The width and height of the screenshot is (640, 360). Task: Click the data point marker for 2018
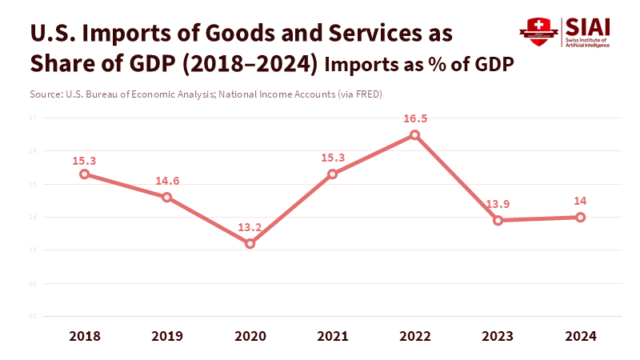click(x=84, y=174)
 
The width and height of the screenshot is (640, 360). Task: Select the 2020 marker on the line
click(x=250, y=243)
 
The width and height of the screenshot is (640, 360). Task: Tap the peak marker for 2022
click(x=414, y=134)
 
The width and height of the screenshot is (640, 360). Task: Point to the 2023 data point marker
click(x=498, y=220)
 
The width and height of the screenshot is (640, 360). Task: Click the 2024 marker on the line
click(x=580, y=217)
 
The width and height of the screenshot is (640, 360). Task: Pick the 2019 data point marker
click(x=166, y=197)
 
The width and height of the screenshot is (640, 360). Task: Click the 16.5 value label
click(x=414, y=118)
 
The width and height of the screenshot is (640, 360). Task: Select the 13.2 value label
click(x=250, y=227)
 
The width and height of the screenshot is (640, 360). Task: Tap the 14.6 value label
click(x=166, y=181)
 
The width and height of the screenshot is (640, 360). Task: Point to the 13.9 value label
click(x=498, y=204)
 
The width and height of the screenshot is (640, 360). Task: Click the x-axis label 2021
click(x=332, y=337)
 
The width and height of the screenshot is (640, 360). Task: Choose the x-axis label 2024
click(x=580, y=337)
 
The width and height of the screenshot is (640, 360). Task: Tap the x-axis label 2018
click(x=84, y=337)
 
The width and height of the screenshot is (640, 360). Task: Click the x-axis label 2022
click(x=414, y=337)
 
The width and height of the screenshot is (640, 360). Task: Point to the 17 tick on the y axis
click(x=34, y=118)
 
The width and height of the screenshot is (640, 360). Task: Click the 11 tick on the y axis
click(x=34, y=316)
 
